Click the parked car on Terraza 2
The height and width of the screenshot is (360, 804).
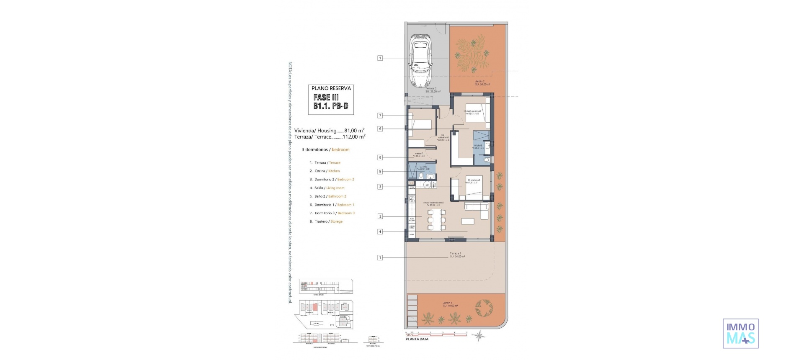[420, 61]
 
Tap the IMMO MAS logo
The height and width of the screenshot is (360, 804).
[740, 334]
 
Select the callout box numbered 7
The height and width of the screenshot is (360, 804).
[380, 116]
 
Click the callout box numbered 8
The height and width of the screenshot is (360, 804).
[380, 157]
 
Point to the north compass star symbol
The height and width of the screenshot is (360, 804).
[480, 335]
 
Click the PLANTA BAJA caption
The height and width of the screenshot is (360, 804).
[417, 339]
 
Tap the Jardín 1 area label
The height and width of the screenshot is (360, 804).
[448, 304]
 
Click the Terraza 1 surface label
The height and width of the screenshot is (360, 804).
[457, 255]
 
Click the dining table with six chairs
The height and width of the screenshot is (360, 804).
[436, 220]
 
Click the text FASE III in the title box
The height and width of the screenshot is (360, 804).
[326, 97]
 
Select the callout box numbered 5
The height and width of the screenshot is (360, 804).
[380, 171]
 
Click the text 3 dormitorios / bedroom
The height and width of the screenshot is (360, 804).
[325, 149]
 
